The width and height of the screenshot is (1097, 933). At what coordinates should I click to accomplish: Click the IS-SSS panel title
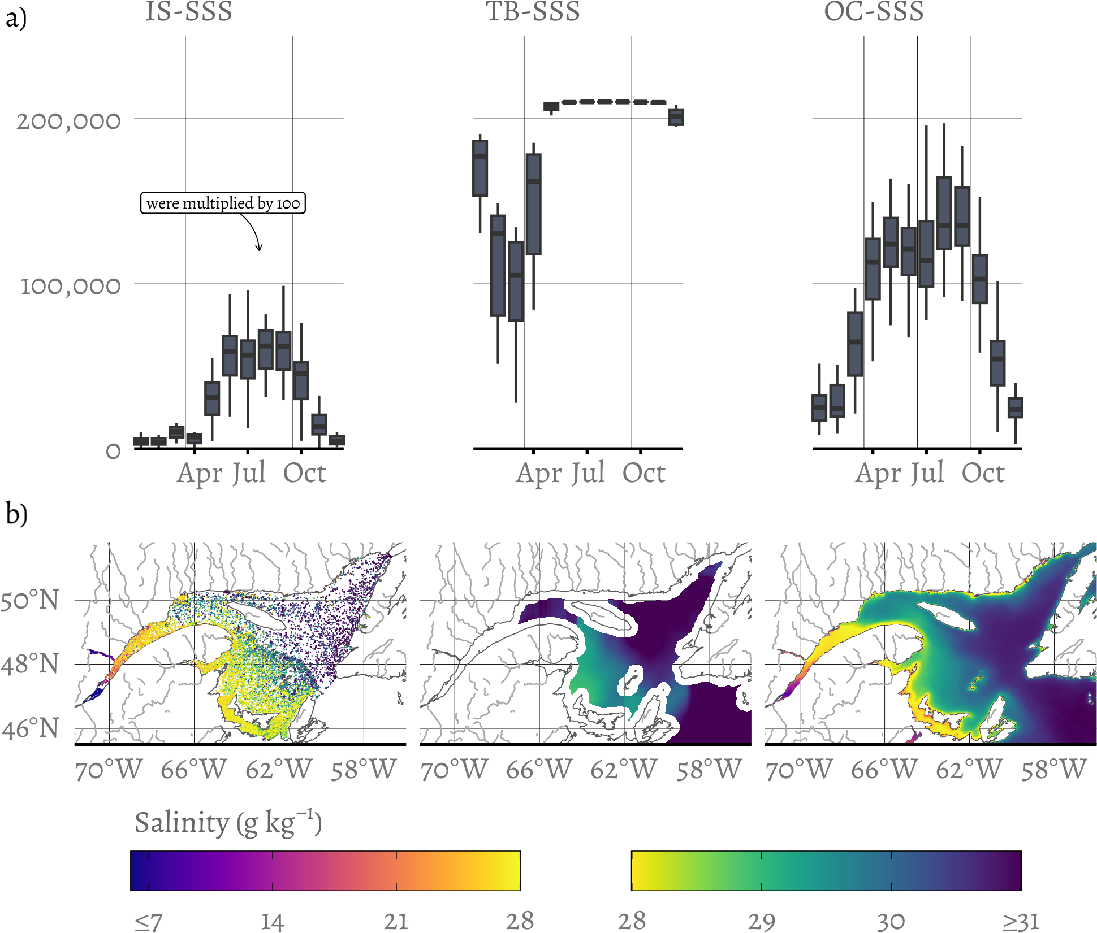click(189, 11)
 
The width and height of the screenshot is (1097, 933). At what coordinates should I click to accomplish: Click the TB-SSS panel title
click(533, 11)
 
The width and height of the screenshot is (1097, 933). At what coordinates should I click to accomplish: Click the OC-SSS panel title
click(874, 11)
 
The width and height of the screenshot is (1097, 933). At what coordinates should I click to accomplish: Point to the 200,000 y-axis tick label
click(68, 121)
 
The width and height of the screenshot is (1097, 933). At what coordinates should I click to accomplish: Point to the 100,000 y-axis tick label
click(70, 286)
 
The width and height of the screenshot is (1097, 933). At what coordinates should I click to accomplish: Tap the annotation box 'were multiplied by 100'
click(223, 203)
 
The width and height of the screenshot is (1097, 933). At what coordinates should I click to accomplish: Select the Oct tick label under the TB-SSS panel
click(643, 473)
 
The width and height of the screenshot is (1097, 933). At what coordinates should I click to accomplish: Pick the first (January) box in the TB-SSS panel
click(480, 168)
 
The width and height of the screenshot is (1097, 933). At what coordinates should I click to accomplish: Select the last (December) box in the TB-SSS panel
click(676, 117)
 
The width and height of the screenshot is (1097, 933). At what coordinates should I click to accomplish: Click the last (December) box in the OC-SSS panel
click(1016, 407)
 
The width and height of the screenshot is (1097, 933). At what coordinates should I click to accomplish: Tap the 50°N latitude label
click(29, 600)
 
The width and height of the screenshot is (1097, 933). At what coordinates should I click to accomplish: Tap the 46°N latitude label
click(30, 728)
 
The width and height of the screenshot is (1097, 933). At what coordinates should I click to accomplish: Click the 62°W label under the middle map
click(623, 769)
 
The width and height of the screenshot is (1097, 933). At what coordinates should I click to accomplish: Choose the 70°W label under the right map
click(799, 769)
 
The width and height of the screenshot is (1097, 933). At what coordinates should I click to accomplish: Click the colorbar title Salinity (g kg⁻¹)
click(228, 823)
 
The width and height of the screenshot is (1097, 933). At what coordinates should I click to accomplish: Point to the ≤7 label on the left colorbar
click(148, 922)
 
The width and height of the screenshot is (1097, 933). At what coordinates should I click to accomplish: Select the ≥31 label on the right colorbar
click(1021, 922)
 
